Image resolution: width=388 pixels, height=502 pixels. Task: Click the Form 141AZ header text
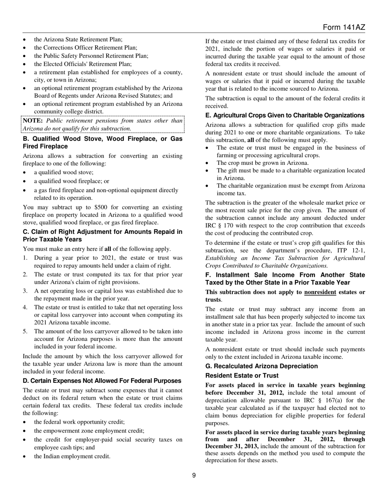tap(343, 27)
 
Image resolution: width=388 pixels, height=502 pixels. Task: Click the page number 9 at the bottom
tap(194, 475)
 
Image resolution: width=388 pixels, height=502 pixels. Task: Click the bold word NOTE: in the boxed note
tap(33, 121)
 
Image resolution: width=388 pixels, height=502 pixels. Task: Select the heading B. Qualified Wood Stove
tap(103, 142)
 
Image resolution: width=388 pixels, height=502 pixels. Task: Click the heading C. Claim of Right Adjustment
tap(103, 235)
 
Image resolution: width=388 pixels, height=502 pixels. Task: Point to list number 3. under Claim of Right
tap(25, 291)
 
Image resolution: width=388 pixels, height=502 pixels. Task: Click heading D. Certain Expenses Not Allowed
tap(102, 381)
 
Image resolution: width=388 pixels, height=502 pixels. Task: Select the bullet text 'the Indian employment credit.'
tap(72, 456)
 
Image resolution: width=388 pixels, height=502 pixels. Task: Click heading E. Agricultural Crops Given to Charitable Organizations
tap(285, 115)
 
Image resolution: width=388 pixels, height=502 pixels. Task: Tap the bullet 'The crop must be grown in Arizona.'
tap(263, 163)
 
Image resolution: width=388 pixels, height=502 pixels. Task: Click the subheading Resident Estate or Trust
tap(242, 375)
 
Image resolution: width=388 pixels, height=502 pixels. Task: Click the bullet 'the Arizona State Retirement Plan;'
tap(78, 40)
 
